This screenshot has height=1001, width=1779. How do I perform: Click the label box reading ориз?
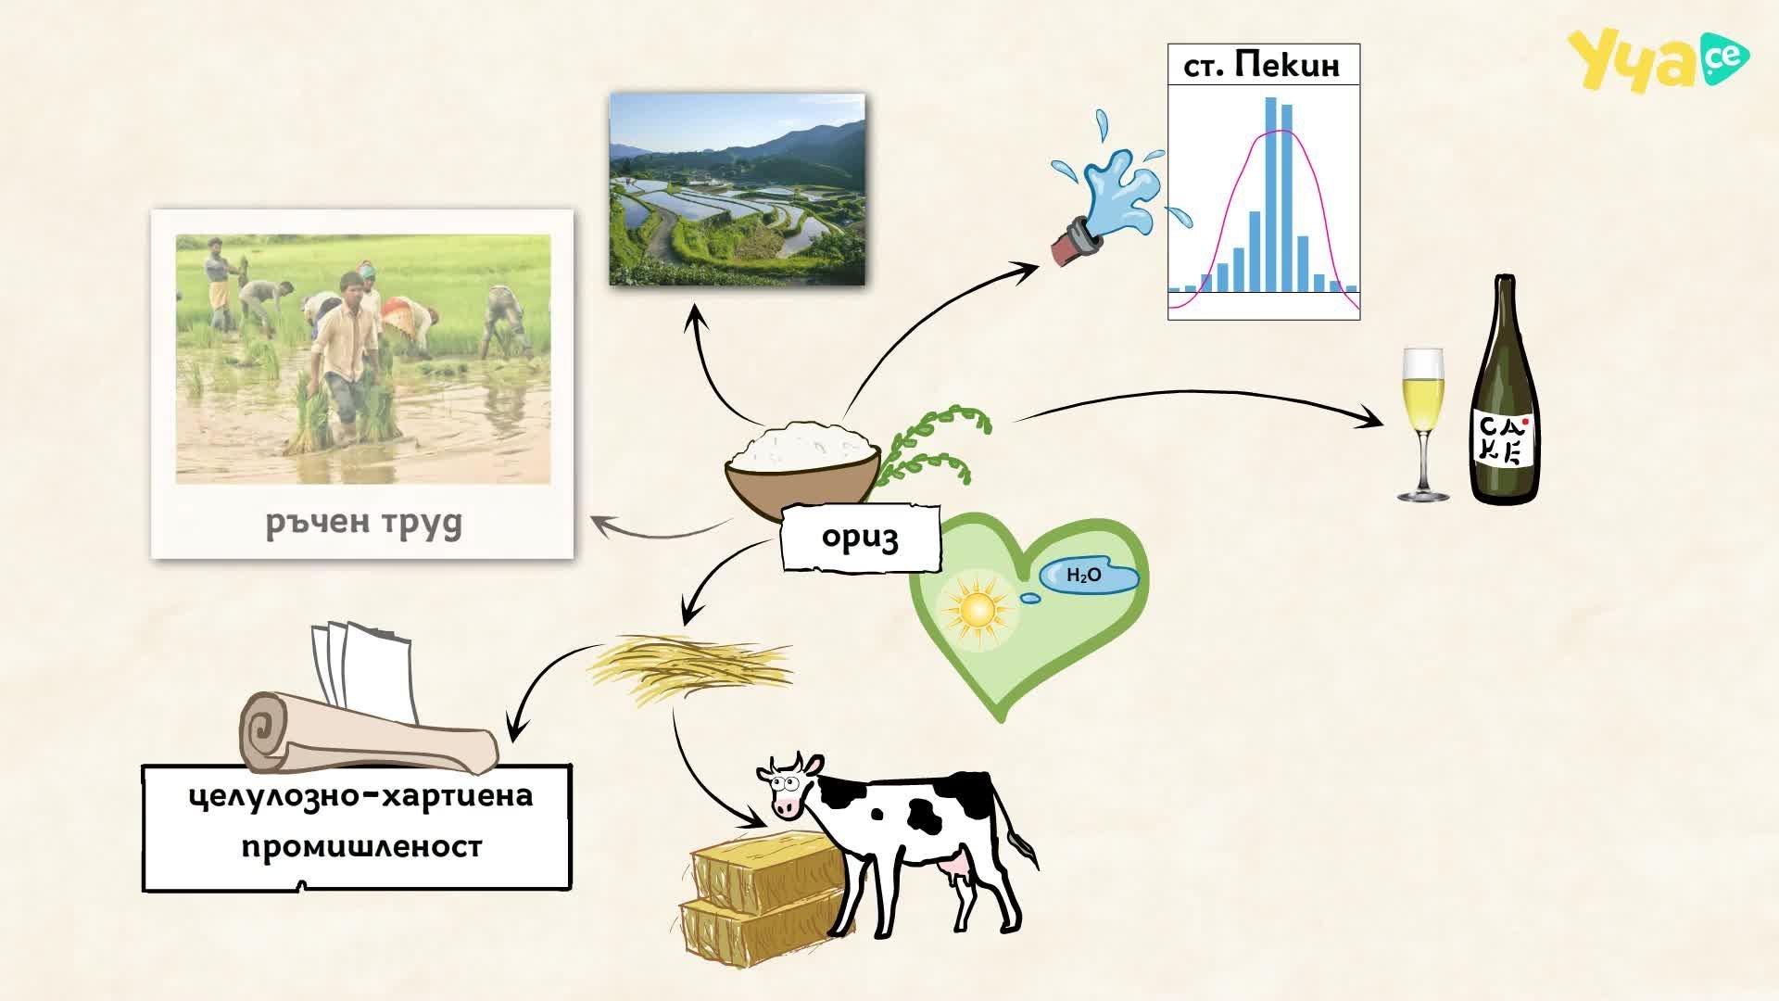point(861,538)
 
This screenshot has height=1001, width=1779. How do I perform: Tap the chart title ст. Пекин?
point(1262,66)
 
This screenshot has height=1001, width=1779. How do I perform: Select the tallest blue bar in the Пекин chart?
point(1271,195)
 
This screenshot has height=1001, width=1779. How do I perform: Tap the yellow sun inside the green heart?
point(978,609)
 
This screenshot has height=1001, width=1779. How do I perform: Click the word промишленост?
point(361,847)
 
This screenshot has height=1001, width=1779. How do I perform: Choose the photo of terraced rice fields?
point(738,189)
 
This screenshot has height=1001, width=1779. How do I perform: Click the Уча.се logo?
point(1658,59)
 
